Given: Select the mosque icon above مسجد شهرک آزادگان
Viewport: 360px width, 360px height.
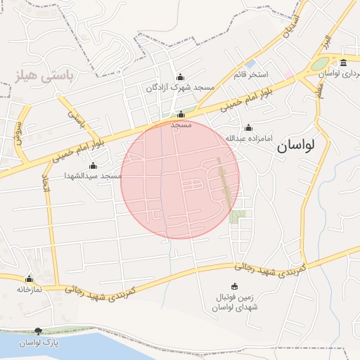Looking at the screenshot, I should pos(181,77).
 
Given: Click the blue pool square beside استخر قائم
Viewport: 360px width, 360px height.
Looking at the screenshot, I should pos(250,64).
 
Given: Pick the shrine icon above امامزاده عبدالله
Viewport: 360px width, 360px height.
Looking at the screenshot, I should pos(248,127).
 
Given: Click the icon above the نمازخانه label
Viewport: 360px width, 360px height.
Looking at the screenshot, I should pos(30,279).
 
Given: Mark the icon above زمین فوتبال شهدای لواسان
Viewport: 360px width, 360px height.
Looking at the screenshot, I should pos(234,286).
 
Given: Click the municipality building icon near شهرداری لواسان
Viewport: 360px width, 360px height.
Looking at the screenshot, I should pos(343,63).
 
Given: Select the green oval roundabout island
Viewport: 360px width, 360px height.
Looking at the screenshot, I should pos(320,64).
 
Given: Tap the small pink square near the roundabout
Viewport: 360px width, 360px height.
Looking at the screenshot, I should pos(288,74).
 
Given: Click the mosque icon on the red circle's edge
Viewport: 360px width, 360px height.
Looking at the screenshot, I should pos(181,114).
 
